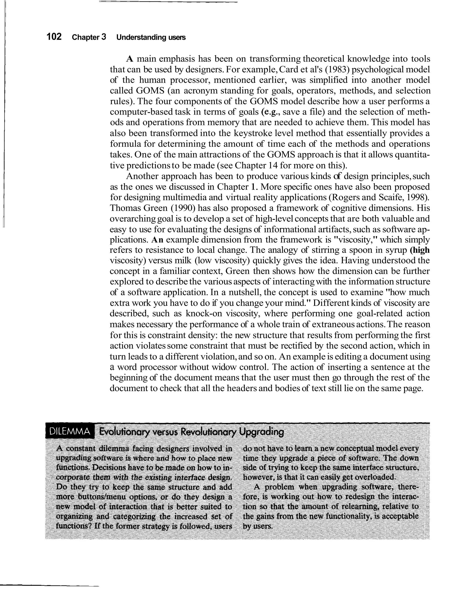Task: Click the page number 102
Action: point(54,37)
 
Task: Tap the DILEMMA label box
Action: point(70,432)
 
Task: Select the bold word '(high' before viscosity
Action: point(420,250)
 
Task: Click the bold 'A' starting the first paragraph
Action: point(130,59)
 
